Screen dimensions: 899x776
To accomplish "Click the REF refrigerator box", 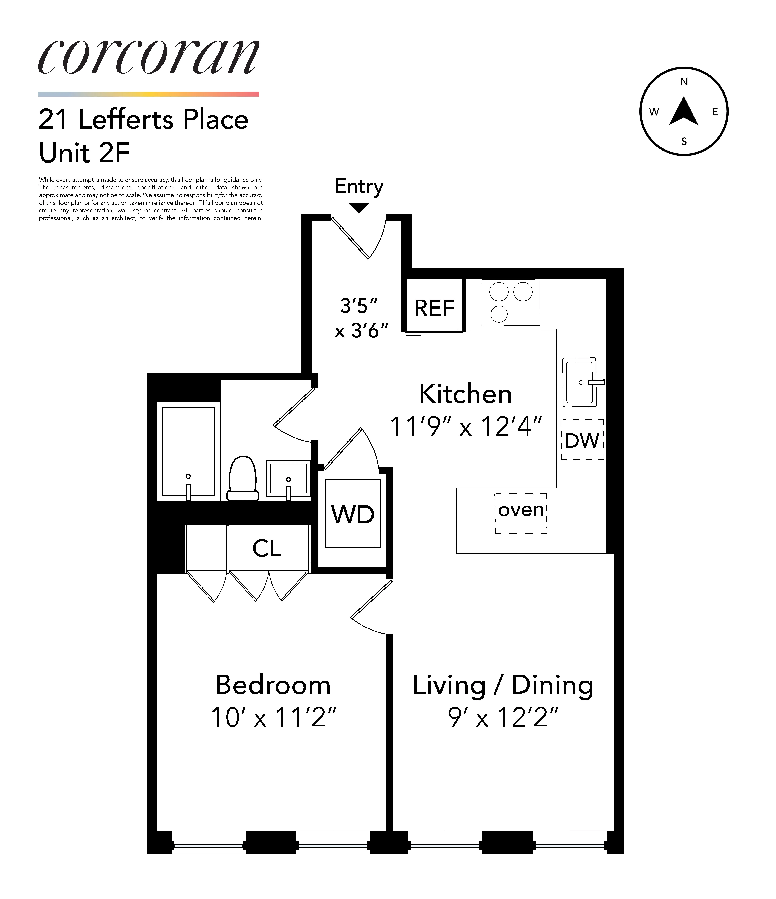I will tap(434, 308).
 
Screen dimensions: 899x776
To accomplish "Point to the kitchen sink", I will tap(580, 382).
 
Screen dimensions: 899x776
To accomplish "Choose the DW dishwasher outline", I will tap(582, 440).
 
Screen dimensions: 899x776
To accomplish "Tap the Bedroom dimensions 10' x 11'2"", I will tap(273, 717).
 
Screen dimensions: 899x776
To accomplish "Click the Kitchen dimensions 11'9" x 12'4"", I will tap(466, 426).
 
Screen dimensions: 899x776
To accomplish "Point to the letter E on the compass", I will tap(715, 112).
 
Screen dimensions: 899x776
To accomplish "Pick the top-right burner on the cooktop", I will tap(523, 292).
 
